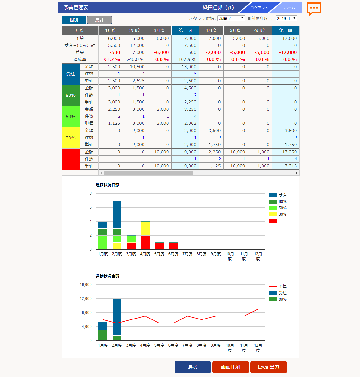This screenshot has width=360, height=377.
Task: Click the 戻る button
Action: click(x=192, y=367)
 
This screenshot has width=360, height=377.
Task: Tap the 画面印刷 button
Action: click(x=231, y=367)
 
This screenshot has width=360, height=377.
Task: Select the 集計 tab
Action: click(x=99, y=20)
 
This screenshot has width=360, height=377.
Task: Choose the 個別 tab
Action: click(x=74, y=20)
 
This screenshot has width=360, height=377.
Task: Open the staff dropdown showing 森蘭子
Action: click(x=231, y=18)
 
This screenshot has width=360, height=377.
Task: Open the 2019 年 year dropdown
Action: click(x=286, y=18)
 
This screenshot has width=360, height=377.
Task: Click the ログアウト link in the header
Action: click(x=259, y=8)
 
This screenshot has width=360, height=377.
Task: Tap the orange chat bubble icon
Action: click(x=314, y=8)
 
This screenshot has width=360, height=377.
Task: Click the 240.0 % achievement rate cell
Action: click(x=135, y=59)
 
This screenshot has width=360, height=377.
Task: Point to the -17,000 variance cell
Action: click(x=288, y=52)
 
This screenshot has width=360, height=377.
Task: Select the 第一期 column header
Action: click(x=185, y=30)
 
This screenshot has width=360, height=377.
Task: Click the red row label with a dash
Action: click(x=71, y=159)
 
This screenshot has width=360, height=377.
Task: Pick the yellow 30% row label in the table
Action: click(x=71, y=138)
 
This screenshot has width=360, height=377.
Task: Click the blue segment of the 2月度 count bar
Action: click(x=117, y=214)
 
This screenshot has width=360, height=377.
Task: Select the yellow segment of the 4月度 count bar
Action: click(x=145, y=228)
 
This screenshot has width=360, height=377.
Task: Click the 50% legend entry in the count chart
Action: click(x=278, y=208)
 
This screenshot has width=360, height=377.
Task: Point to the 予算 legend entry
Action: click(x=278, y=286)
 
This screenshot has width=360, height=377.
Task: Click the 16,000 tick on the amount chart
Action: click(x=86, y=284)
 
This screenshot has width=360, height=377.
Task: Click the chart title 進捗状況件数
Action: click(x=107, y=185)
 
